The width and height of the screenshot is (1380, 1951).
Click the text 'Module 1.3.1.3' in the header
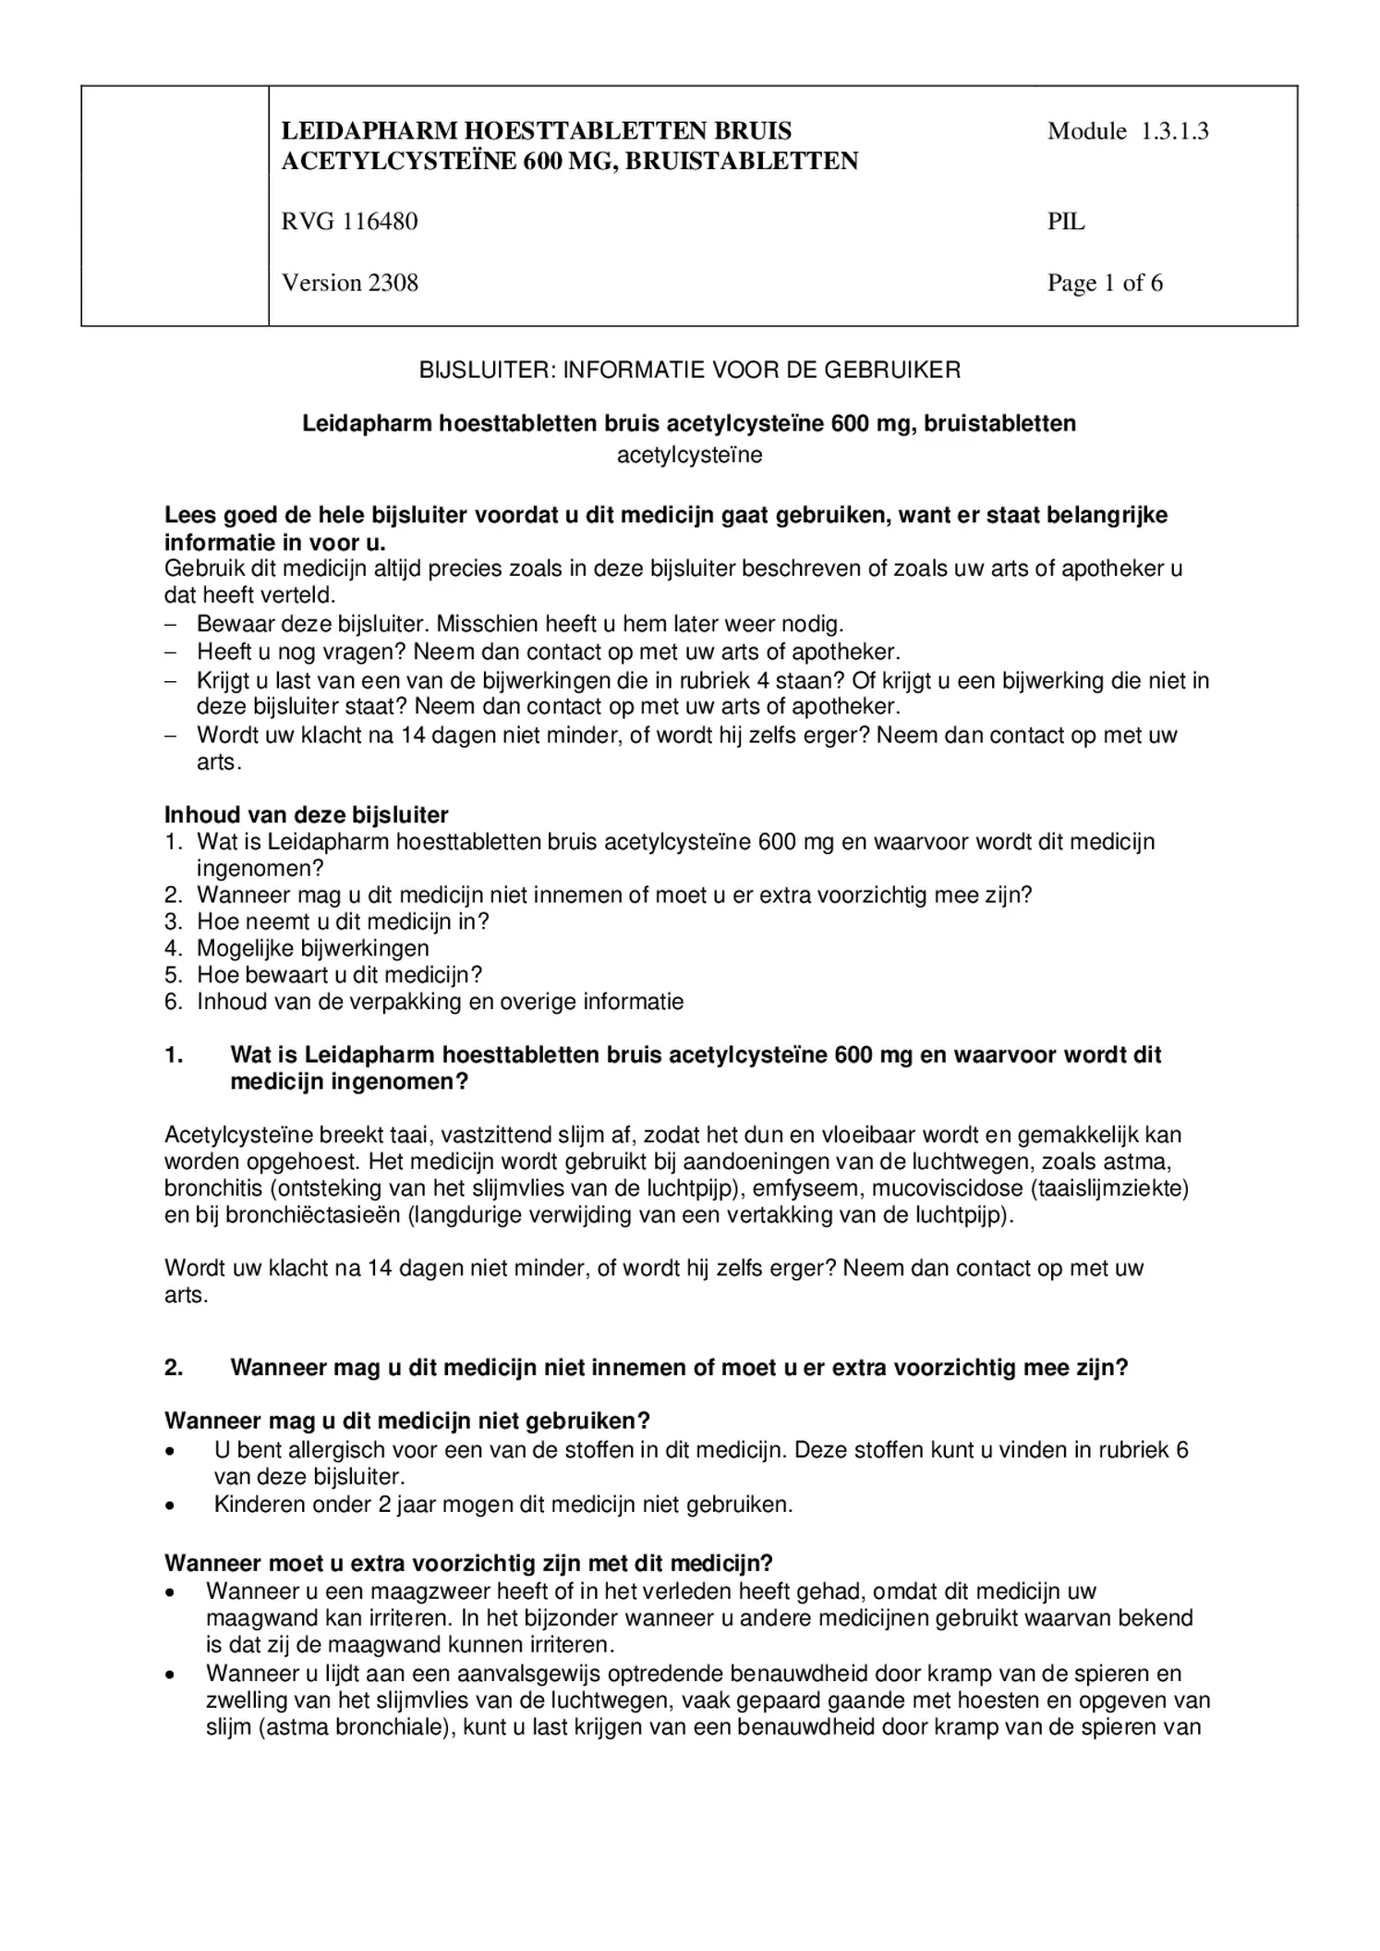tap(1127, 131)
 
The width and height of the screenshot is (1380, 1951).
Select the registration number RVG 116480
tap(349, 222)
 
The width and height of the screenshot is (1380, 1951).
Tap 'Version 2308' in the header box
tap(349, 283)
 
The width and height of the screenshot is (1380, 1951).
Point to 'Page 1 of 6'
tap(1104, 283)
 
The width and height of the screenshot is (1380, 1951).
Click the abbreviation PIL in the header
tap(1065, 222)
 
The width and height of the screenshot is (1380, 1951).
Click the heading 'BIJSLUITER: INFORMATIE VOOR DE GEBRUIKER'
tap(689, 371)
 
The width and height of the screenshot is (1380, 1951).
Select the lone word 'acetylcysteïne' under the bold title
tap(689, 455)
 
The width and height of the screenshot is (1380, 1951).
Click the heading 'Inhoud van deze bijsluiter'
tap(306, 815)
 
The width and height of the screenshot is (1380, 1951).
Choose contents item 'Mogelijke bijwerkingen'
tap(312, 948)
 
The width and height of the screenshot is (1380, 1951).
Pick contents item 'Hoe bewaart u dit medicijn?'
tap(339, 975)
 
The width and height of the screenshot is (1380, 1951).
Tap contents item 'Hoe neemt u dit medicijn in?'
tap(342, 921)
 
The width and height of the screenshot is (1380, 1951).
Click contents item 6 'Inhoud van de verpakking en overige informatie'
tap(440, 1002)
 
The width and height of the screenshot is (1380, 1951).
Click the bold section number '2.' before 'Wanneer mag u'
tap(174, 1368)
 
